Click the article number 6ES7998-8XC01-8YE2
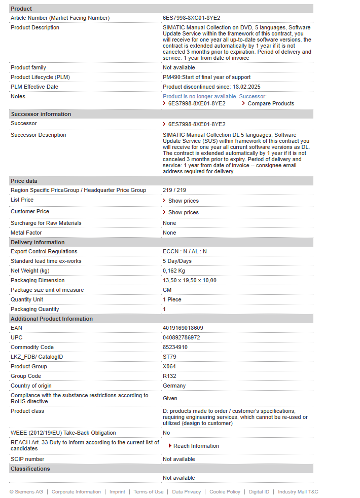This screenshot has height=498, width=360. click(x=191, y=18)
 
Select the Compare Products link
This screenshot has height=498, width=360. click(x=271, y=103)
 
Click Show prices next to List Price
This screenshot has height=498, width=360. click(x=183, y=201)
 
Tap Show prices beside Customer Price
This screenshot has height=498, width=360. click(x=183, y=212)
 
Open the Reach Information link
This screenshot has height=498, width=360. click(x=196, y=446)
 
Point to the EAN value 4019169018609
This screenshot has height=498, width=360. click(x=183, y=328)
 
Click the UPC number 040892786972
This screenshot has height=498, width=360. click(x=181, y=337)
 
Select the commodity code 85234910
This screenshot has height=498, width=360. click(x=175, y=347)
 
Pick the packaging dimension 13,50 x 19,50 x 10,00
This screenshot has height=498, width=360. click(x=189, y=280)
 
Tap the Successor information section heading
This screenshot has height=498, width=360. click(x=41, y=114)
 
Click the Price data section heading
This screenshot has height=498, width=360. click(x=24, y=181)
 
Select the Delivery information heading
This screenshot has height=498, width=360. click(x=38, y=242)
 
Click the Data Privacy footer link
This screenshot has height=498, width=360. click(x=186, y=491)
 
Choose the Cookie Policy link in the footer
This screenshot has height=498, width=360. click(x=225, y=491)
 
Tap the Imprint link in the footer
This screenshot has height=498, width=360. click(x=117, y=491)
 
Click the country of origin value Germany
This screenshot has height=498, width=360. click(x=174, y=386)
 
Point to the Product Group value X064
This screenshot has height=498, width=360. click(x=169, y=366)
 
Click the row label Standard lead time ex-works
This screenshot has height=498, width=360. click(x=46, y=261)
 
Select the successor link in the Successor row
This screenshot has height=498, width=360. click(x=197, y=124)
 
